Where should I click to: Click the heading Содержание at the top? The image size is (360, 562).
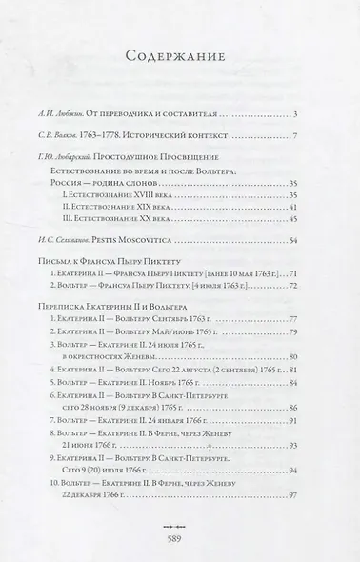[180, 56]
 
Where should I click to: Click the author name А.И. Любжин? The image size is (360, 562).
[80, 116]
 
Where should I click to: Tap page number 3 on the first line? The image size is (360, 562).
[296, 116]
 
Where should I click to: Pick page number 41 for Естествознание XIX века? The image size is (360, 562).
[292, 207]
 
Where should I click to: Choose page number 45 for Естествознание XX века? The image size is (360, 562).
[292, 220]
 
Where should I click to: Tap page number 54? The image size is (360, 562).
[292, 241]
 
